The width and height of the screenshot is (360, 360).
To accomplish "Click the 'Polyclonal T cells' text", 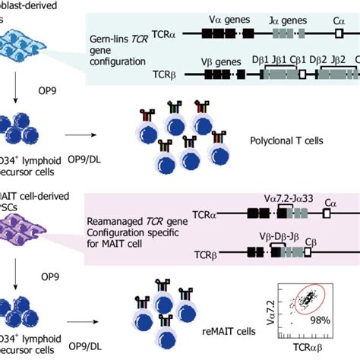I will (286, 140).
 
